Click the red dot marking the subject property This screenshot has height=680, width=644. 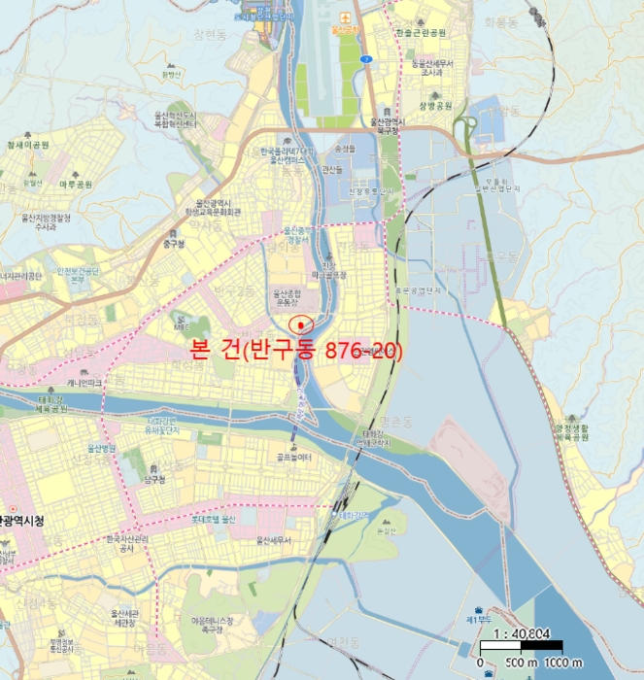(x=301, y=323)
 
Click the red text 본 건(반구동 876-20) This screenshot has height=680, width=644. (x=292, y=351)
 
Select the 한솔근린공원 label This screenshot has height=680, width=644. (x=421, y=32)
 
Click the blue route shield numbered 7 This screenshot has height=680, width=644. (x=364, y=59)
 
